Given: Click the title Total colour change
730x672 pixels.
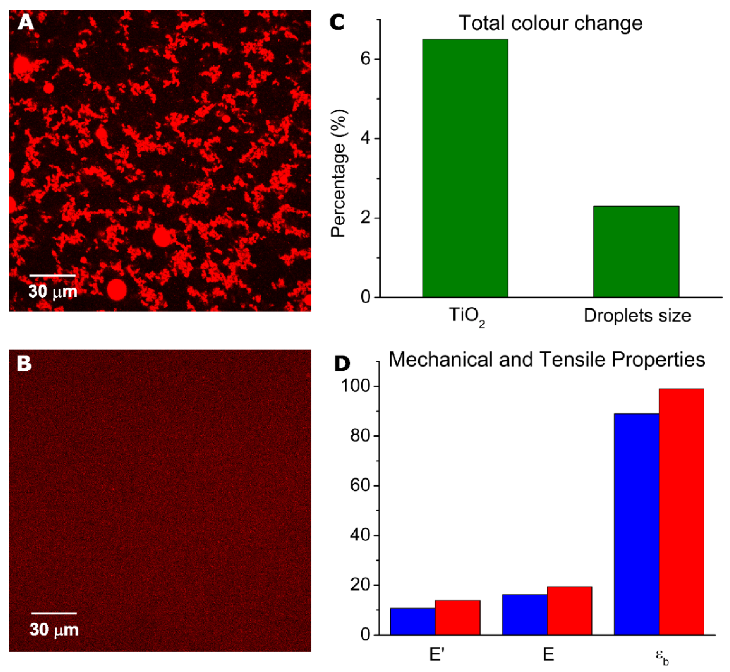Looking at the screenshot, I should click(550, 23).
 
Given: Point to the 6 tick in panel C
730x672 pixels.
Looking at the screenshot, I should click(365, 59).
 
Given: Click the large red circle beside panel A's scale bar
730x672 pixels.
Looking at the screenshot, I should click(117, 290).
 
